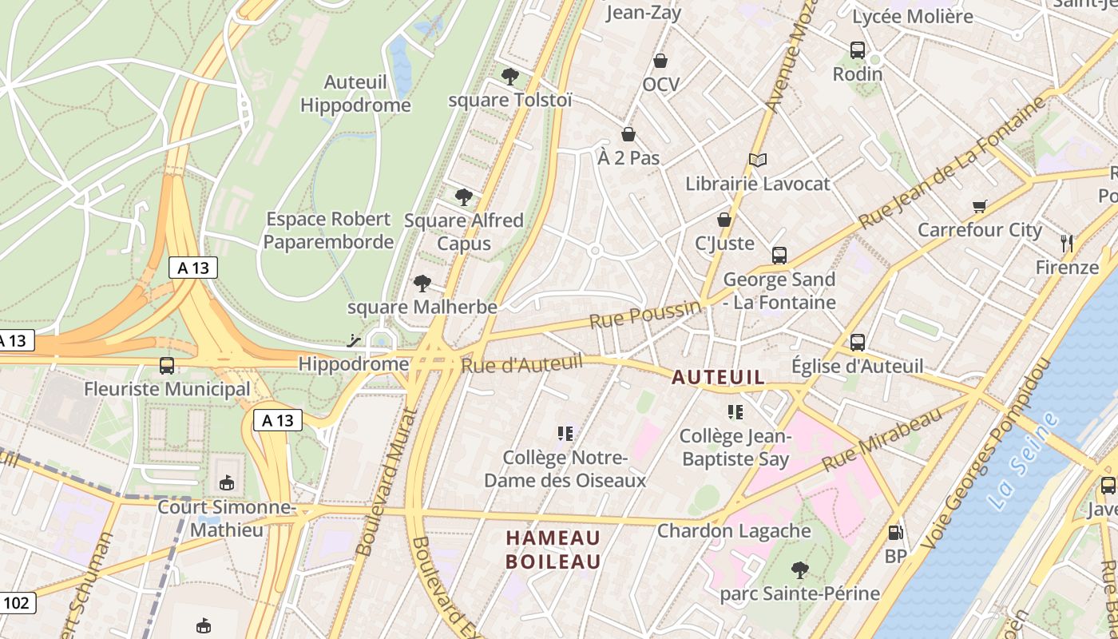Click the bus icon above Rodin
click(858, 50)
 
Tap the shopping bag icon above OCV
click(660, 61)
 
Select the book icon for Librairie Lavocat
click(758, 161)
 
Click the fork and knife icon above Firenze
click(1066, 243)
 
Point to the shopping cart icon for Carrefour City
click(980, 206)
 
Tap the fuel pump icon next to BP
click(896, 532)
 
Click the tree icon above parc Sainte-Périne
click(799, 570)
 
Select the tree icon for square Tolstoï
click(509, 77)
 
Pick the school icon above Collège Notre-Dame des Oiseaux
click(565, 434)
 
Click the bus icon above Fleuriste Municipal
click(167, 366)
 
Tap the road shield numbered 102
click(16, 602)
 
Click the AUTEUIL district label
click(719, 377)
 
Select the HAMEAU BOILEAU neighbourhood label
click(553, 550)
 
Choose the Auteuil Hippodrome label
click(355, 93)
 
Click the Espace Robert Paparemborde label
click(328, 230)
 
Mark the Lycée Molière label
click(913, 16)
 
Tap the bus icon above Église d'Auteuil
click(858, 343)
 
